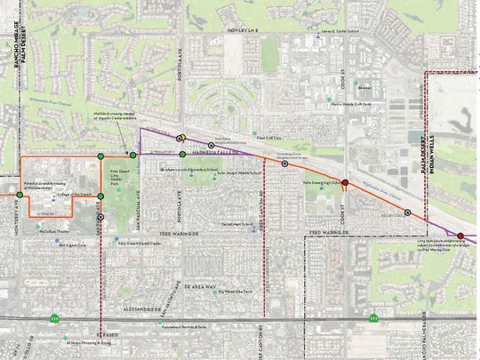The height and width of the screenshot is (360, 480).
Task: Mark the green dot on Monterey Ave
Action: (20, 195)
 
